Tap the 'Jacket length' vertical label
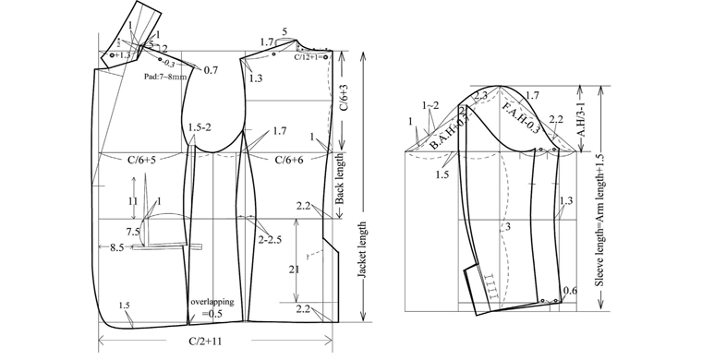pos(363,254)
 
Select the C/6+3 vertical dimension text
pos(344,91)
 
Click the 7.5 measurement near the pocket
pos(132,231)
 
